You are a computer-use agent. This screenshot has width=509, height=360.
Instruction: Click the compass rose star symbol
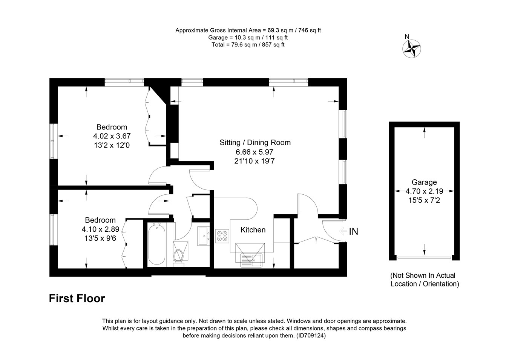(411, 49)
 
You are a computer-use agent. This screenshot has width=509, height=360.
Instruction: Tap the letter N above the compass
(407, 37)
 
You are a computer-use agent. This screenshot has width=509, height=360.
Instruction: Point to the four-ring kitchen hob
(222, 236)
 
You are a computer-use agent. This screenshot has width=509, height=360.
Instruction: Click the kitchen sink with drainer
(251, 260)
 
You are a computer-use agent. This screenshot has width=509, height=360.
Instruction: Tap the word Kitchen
(253, 230)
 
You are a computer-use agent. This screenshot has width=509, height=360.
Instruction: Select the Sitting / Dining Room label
(255, 143)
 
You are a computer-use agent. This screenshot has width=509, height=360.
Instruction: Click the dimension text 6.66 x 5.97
(255, 152)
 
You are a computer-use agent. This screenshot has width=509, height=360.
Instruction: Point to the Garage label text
(424, 182)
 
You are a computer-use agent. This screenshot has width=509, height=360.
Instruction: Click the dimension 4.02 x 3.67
(112, 136)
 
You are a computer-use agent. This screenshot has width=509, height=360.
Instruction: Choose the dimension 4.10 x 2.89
(100, 229)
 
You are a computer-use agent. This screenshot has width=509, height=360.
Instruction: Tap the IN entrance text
(353, 232)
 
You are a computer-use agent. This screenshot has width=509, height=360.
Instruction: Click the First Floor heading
(77, 298)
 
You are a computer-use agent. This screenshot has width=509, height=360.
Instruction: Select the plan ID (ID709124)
(311, 336)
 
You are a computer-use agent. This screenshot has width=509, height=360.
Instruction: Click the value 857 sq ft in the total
(273, 45)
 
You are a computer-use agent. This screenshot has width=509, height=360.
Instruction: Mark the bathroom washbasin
(203, 236)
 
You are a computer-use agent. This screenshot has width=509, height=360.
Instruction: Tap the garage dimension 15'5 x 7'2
(424, 200)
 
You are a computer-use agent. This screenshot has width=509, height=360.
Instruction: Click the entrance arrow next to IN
(343, 232)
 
